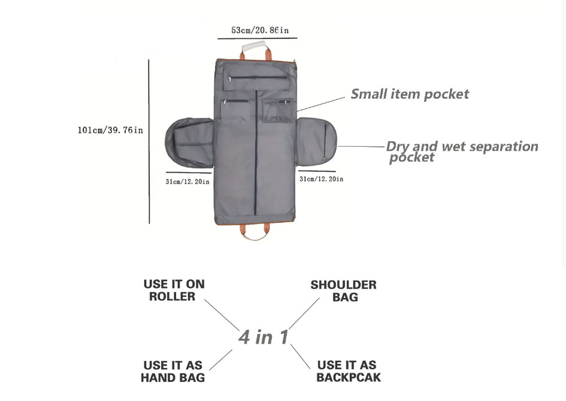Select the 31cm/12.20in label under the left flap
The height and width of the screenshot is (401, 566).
[x=187, y=181]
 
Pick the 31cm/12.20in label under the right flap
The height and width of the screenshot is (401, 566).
[x=321, y=179]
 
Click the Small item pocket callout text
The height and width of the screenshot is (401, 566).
[x=410, y=94]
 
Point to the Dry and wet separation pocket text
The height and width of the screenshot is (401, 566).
[x=461, y=151]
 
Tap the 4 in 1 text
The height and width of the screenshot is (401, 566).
[x=264, y=337]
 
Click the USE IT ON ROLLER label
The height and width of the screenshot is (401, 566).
[x=174, y=290]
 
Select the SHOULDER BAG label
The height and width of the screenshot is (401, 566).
[x=343, y=291]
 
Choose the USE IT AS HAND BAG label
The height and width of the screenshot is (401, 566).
[x=172, y=372]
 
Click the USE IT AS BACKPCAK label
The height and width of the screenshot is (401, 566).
[x=348, y=371]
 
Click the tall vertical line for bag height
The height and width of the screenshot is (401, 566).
[x=149, y=141]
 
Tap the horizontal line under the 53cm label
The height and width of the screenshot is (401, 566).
[x=257, y=39]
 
